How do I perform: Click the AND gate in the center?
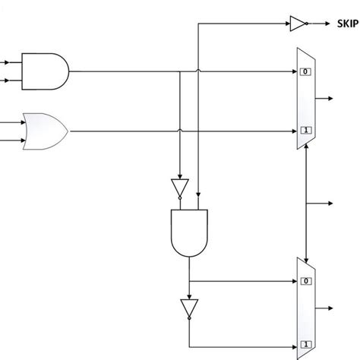point(189,232)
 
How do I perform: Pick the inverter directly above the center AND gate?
point(179,188)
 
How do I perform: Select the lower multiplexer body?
point(306,308)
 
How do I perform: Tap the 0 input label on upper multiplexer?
point(304,72)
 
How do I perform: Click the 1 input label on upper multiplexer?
point(304,130)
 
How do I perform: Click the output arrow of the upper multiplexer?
point(327,99)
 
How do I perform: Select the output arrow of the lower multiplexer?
point(327,308)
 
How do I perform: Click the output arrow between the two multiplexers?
point(327,204)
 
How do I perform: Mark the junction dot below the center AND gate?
point(189,280)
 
